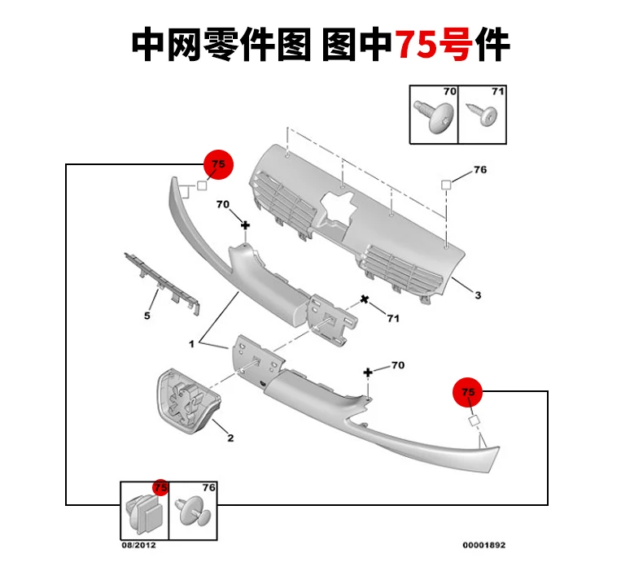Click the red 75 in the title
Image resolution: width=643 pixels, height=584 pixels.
coord(418,44)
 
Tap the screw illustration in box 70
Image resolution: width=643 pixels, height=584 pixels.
coord(435,117)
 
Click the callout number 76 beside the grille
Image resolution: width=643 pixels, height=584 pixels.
coord(479,170)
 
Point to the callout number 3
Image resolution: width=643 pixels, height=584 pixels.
coord(478,295)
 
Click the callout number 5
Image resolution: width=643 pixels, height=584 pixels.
coord(147,316)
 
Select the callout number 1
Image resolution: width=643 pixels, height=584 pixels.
coord(191,344)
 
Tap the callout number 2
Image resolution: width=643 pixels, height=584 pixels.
coord(230,438)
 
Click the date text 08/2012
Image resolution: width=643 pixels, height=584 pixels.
coord(138,545)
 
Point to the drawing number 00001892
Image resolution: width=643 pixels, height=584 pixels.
coord(484,545)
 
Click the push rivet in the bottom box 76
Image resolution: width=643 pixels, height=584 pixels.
coord(193,512)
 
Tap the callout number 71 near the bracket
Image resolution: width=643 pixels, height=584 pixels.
coord(393,318)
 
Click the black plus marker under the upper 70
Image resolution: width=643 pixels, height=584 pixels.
coord(245,225)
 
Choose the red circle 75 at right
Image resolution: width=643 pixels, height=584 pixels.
coord(467,392)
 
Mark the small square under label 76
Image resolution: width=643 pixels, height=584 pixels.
coord(446,185)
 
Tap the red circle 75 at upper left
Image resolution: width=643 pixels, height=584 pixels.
coord(219,164)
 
